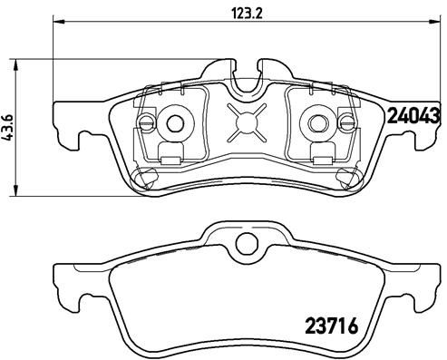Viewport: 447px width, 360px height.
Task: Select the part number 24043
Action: (413, 115)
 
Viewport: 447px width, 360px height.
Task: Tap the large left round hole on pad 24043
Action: (177, 122)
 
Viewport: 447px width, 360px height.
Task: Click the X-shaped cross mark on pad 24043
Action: (247, 121)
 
